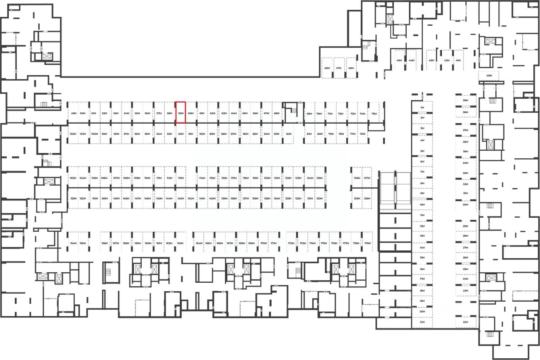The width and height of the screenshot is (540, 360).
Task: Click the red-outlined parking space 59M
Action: click(181, 113)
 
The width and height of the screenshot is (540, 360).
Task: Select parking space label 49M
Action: click(73, 114)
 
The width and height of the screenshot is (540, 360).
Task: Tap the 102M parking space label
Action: click(73, 134)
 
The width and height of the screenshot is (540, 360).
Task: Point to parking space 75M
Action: click(374, 114)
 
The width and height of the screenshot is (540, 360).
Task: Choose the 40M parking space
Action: click(489, 76)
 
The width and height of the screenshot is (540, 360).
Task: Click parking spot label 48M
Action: click(327, 68)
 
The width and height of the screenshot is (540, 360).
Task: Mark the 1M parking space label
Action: click(422, 108)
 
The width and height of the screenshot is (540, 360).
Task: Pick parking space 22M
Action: click(465, 322)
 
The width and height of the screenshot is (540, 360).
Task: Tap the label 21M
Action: click(422, 322)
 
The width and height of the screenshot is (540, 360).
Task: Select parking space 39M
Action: click(466, 100)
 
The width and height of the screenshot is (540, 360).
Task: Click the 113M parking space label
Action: click(181, 178)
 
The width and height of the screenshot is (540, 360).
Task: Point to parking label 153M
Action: click(73, 198)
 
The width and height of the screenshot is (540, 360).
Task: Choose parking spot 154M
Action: click(73, 244)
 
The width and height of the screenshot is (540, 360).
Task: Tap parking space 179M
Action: click(367, 244)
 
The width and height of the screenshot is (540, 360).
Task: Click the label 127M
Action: click(367, 178)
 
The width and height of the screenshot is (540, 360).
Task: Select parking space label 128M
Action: click(367, 198)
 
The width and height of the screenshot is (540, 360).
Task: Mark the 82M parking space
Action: click(289, 134)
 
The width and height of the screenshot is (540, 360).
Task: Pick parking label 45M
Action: click(399, 60)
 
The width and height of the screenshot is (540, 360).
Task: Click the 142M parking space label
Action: click(191, 198)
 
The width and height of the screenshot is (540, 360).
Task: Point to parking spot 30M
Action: click(466, 205)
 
